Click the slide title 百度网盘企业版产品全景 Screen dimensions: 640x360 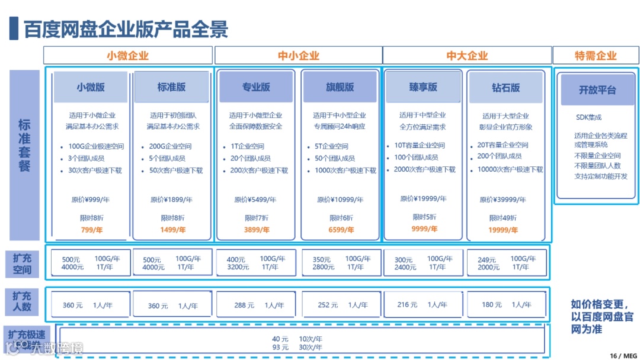pyautogui.click(x=126, y=29)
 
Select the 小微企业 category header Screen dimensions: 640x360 pyautogui.click(x=127, y=56)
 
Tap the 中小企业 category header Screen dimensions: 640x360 pyautogui.click(x=298, y=56)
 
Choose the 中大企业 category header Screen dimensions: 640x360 pyautogui.click(x=467, y=56)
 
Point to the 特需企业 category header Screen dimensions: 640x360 pyautogui.click(x=596, y=56)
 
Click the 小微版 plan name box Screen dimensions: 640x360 pyautogui.click(x=91, y=87)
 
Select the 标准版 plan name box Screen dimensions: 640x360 pyautogui.click(x=171, y=87)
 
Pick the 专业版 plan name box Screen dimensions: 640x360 pyautogui.click(x=256, y=87)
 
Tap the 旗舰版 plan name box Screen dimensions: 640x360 pyautogui.click(x=340, y=87)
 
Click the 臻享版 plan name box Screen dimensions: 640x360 pyautogui.click(x=423, y=87)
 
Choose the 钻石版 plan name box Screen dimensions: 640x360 pyautogui.click(x=505, y=88)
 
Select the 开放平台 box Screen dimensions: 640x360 pyautogui.click(x=597, y=90)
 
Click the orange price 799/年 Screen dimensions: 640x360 pyautogui.click(x=91, y=230)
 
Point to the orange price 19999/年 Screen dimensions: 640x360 pyautogui.click(x=505, y=230)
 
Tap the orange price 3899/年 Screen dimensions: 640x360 pyautogui.click(x=256, y=230)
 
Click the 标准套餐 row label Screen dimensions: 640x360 pyautogui.click(x=24, y=146)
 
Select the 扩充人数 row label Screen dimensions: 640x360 pyautogui.click(x=23, y=301)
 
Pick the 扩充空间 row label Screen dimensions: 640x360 pyautogui.click(x=23, y=263)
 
